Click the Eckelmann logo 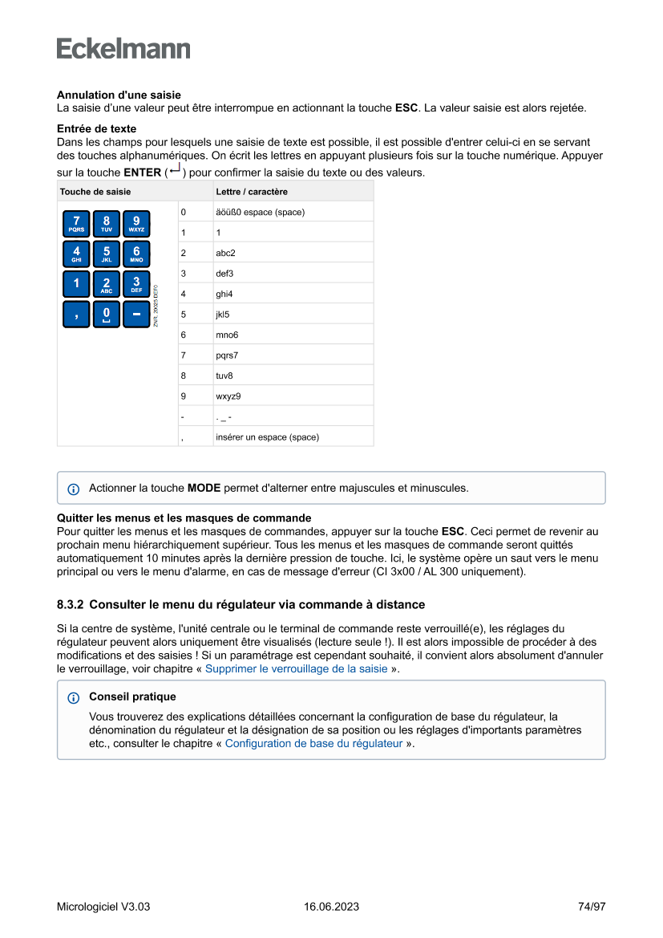coord(123,49)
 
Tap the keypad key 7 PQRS coord(77,224)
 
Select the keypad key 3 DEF coord(136,284)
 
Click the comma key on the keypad coord(77,314)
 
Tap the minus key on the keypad coord(136,314)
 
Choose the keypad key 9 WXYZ coord(136,224)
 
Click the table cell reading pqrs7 coord(227,355)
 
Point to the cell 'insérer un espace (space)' coord(267,437)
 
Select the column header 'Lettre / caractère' coord(252,192)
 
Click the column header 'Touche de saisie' coord(95,192)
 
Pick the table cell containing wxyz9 coord(228,396)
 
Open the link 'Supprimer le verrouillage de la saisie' coord(296,668)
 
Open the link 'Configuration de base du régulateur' coord(313,743)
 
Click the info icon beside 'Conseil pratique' coord(74,698)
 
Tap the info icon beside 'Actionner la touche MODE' coord(74,489)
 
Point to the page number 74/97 coord(592,907)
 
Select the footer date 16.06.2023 coord(331,907)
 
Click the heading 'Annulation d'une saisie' coord(119,95)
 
